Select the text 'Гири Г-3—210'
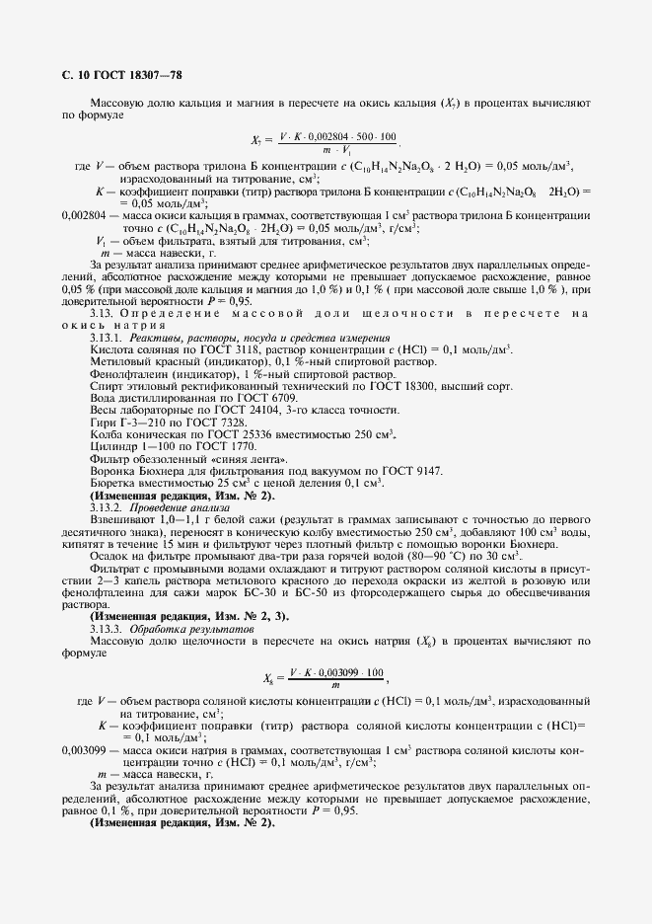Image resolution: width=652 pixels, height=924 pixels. (x=129, y=423)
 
